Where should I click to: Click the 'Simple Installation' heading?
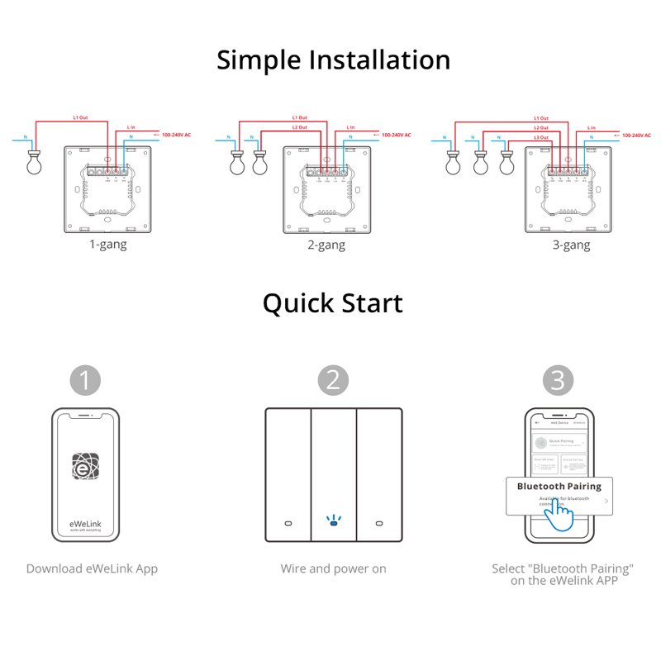click(333, 60)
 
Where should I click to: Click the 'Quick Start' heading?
click(333, 303)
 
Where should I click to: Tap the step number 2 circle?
click(333, 380)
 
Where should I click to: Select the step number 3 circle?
click(559, 380)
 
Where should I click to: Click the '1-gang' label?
click(108, 245)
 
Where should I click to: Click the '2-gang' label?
click(326, 245)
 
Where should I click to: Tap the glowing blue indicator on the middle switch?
click(333, 522)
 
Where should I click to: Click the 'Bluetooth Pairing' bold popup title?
click(559, 486)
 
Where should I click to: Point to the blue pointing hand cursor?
click(560, 518)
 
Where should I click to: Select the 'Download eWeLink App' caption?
click(92, 568)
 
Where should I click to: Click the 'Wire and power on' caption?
click(333, 568)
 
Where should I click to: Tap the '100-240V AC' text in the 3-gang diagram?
click(636, 134)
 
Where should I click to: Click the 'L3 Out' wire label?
click(540, 137)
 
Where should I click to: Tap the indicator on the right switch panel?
click(379, 524)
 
